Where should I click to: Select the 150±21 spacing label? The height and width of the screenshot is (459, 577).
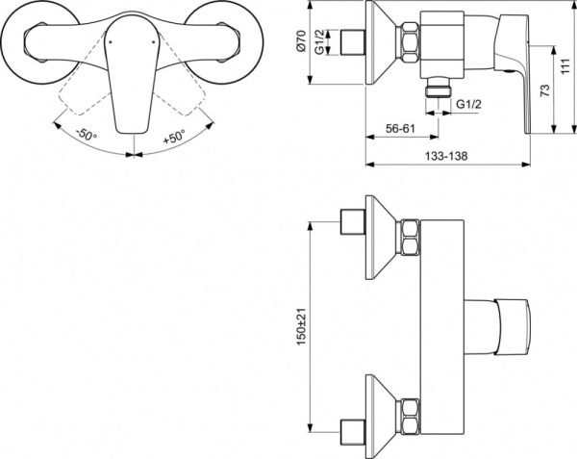[301, 326]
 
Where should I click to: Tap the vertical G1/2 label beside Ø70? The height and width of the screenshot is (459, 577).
[325, 44]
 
